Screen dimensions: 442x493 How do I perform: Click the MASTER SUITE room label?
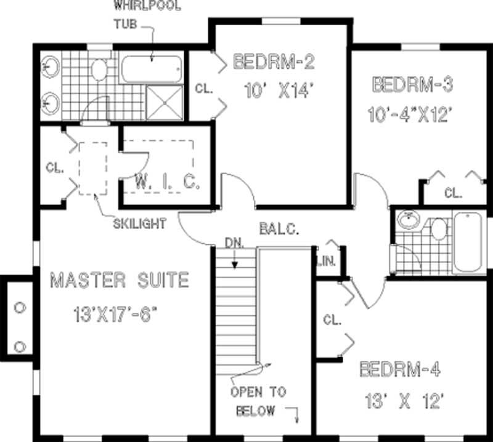tap(119, 281)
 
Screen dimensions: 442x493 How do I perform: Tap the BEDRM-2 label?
tap(274, 62)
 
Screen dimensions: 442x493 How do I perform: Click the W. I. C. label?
tap(168, 182)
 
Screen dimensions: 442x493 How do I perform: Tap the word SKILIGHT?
tap(139, 224)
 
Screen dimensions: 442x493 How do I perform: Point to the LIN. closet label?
tap(326, 261)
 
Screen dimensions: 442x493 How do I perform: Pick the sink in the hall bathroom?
tap(407, 219)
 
